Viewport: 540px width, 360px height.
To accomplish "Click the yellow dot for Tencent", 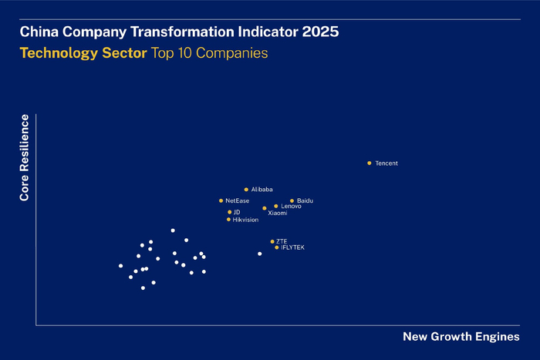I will pos(370,163).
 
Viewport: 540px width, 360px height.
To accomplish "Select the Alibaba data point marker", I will pos(246,189).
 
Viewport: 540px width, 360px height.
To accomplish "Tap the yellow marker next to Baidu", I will pos(292,200).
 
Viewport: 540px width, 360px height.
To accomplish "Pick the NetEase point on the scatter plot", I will pos(221,200).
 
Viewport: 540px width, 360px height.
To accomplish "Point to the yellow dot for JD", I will pos(229,212).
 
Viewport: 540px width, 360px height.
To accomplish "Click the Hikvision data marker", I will pos(228,220).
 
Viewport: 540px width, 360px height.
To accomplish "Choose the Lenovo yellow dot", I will pos(276,206).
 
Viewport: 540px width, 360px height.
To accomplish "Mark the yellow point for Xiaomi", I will pos(264,208).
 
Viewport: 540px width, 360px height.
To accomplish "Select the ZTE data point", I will pos(272,241).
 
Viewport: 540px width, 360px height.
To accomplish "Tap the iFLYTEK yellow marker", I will pos(276,247).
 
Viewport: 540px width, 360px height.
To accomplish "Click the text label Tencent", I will pos(386,163).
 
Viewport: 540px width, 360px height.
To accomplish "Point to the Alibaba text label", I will pos(262,189).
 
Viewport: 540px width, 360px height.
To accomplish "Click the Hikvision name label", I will pos(246,220).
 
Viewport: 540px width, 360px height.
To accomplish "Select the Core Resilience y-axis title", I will pos(25,158).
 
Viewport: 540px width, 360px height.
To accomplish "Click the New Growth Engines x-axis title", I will pos(461,337).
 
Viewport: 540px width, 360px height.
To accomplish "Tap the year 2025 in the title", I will pos(320,32).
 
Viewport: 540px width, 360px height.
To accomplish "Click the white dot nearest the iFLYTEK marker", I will pos(260,254).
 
